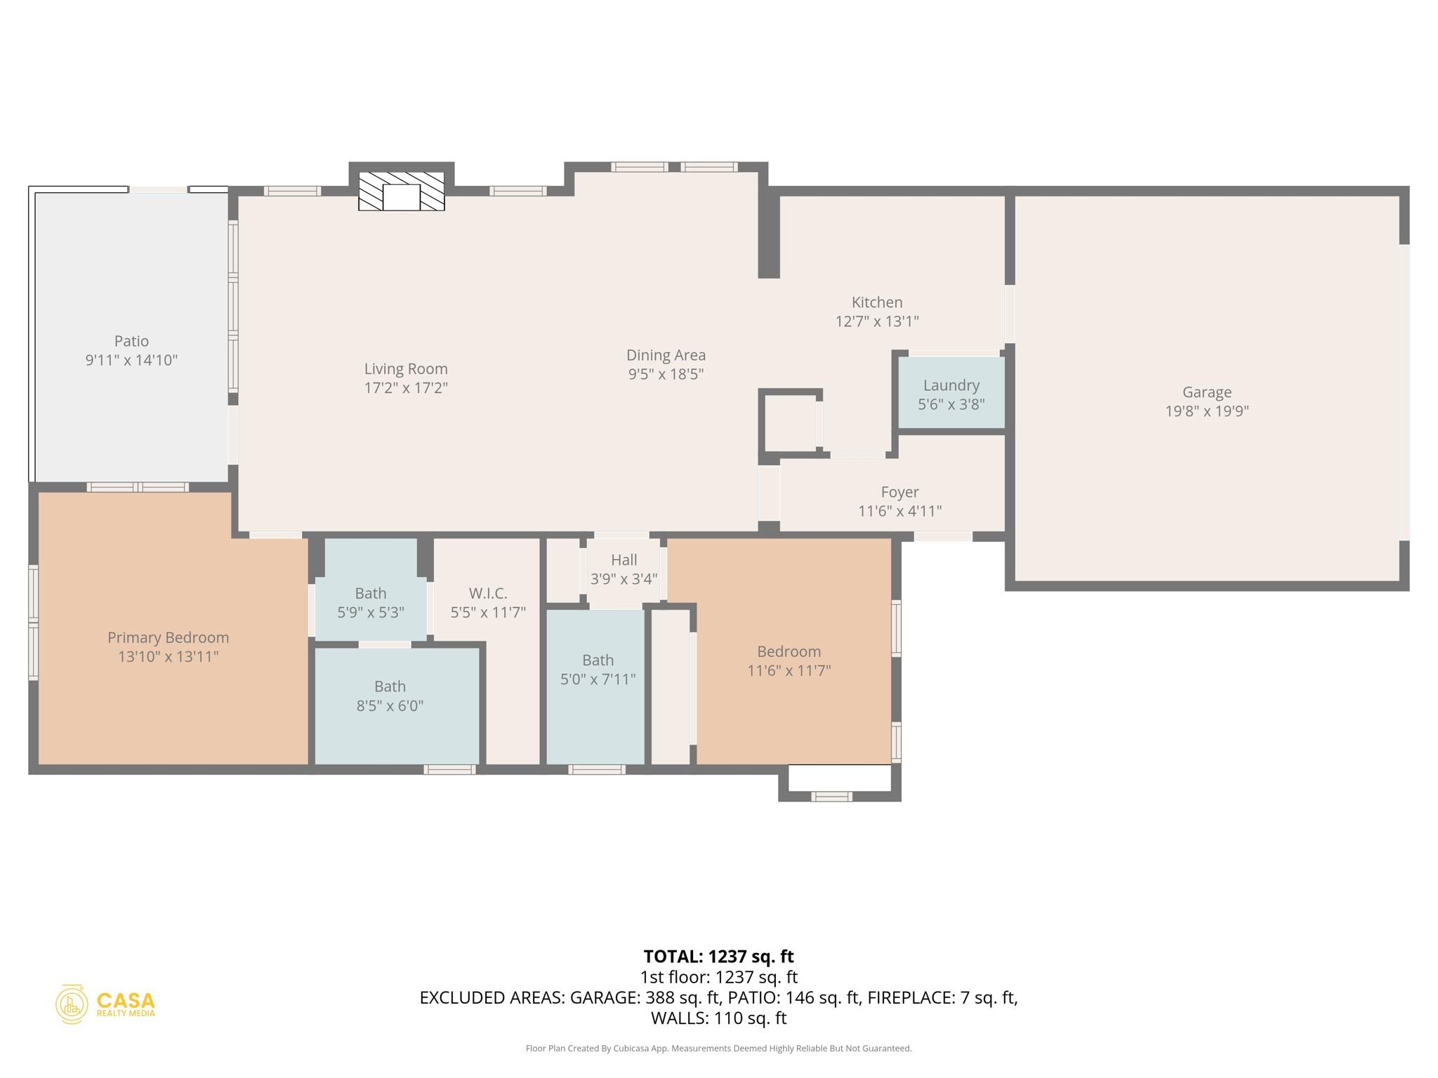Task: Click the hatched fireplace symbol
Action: pyautogui.click(x=401, y=191)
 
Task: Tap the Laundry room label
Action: pyautogui.click(x=951, y=385)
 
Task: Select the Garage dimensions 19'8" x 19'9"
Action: pyautogui.click(x=1206, y=411)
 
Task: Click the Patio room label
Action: pyautogui.click(x=131, y=341)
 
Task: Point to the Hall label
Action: pyautogui.click(x=624, y=560)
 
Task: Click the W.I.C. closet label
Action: pyautogui.click(x=488, y=594)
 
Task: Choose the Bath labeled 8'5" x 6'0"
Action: pyautogui.click(x=390, y=696)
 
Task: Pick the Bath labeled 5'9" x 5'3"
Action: pyautogui.click(x=370, y=603)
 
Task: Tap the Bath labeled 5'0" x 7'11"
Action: pyautogui.click(x=598, y=670)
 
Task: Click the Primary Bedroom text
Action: pyautogui.click(x=168, y=638)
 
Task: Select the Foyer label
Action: pyautogui.click(x=899, y=493)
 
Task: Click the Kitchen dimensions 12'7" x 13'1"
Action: pyautogui.click(x=876, y=321)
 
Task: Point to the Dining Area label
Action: pyautogui.click(x=666, y=356)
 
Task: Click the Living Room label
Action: pyautogui.click(x=406, y=369)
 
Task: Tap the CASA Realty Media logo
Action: pyautogui.click(x=105, y=1004)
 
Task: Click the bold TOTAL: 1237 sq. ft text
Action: pyautogui.click(x=718, y=957)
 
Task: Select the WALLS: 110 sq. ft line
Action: pyautogui.click(x=718, y=1018)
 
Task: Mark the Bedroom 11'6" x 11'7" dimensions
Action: pyautogui.click(x=789, y=671)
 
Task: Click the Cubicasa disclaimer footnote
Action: pyautogui.click(x=718, y=1049)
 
